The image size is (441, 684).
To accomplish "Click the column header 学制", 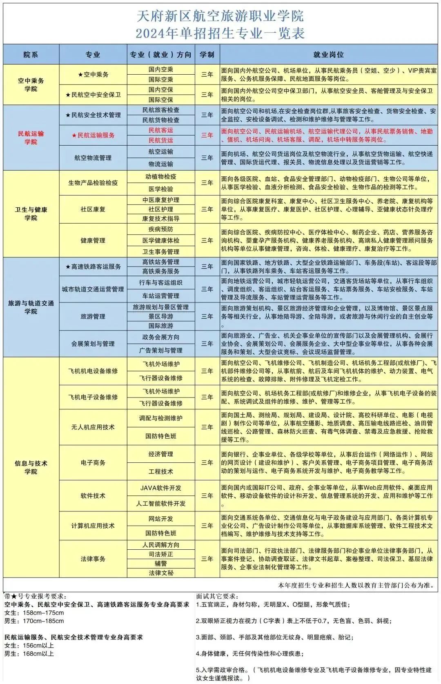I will [x=207, y=54].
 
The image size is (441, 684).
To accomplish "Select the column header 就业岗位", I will [x=328, y=54].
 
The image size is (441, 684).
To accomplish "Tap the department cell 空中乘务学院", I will [x=31, y=84].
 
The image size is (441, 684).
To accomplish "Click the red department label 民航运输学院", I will [x=31, y=138].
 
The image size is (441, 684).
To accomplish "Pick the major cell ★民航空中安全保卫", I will [x=93, y=95].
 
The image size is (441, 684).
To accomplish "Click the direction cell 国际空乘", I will [x=161, y=80].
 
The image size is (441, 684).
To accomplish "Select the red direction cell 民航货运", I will [x=161, y=140].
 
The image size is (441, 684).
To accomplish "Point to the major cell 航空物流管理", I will [x=93, y=158].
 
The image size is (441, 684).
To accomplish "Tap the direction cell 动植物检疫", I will [x=161, y=177].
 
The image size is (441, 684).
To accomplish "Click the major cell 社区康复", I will [x=93, y=209].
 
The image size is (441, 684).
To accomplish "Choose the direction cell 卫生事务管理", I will [x=161, y=251].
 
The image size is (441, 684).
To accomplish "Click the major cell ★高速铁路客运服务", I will [x=93, y=266].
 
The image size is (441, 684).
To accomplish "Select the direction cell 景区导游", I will [x=161, y=316].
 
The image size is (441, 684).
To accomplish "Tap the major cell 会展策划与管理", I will [x=93, y=344].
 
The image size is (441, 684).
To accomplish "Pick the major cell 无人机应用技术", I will [x=93, y=427].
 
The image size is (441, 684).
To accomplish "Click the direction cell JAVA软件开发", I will [x=161, y=488].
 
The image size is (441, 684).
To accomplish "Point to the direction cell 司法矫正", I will [x=161, y=554].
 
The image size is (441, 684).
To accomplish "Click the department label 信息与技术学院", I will [x=31, y=467].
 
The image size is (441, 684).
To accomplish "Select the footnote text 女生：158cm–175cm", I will [x=34, y=613].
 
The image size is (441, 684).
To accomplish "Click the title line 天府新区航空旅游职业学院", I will [x=220, y=16].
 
